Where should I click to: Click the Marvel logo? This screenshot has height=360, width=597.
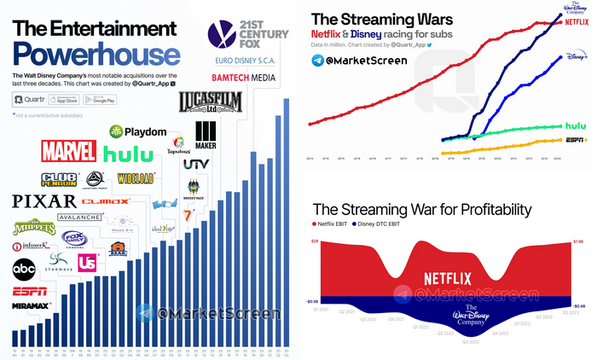point(67,152)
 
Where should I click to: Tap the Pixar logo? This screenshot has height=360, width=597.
point(43,201)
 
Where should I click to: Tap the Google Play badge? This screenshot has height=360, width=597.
point(124,100)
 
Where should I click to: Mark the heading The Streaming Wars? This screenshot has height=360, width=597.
point(370,18)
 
